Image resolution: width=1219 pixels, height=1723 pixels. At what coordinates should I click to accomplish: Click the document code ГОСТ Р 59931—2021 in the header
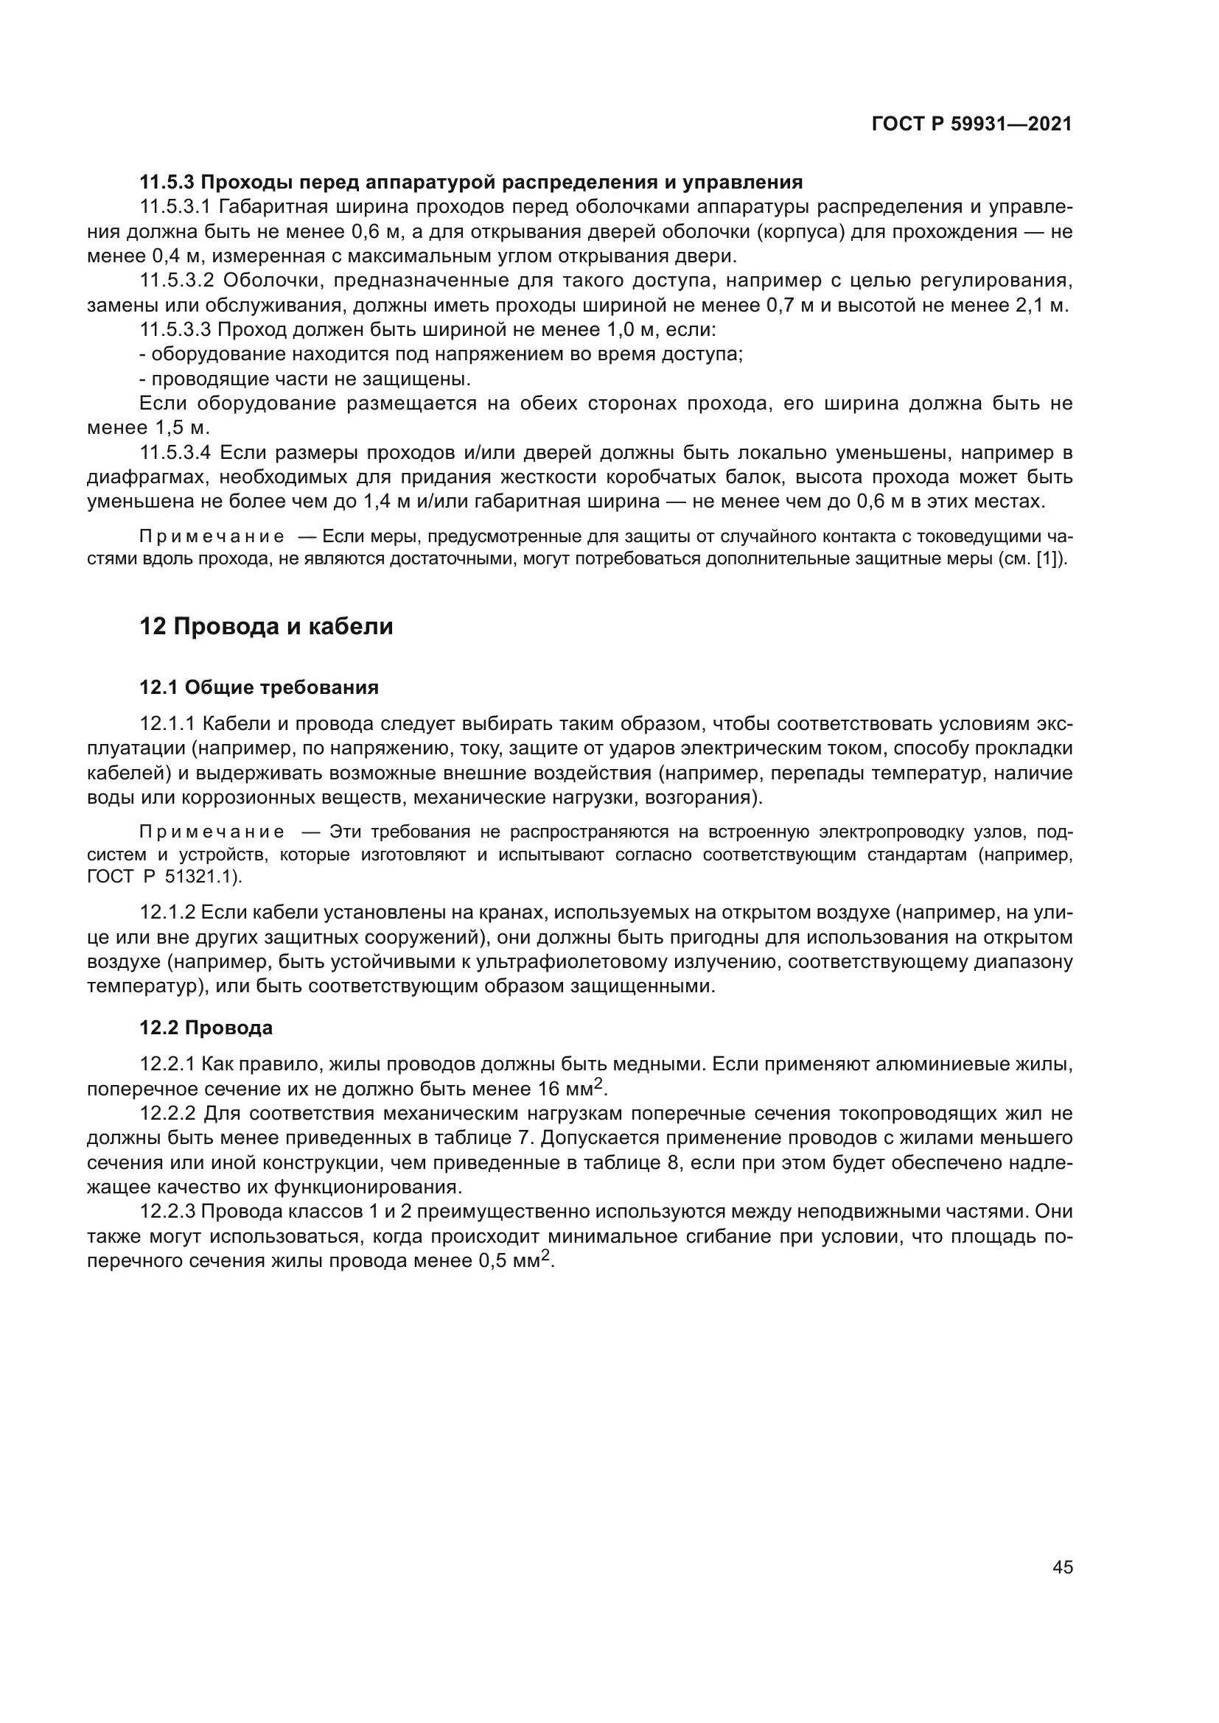coord(971,124)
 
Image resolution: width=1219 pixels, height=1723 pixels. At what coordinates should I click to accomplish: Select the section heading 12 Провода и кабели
coord(267,626)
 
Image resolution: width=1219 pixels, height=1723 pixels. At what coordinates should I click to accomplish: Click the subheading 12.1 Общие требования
coord(259,687)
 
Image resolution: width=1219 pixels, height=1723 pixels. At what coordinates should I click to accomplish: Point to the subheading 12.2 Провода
coord(206,1028)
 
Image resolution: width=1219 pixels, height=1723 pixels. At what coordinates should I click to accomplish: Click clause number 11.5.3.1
coord(177,207)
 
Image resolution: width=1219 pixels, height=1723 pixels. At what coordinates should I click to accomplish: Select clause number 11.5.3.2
coord(177,281)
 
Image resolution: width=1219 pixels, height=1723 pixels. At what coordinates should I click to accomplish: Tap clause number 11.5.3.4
coord(177,452)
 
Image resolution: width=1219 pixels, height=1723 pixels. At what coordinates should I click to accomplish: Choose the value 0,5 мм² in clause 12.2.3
coord(515,1260)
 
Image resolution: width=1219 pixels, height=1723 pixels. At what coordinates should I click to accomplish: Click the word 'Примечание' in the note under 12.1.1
coord(212,832)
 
